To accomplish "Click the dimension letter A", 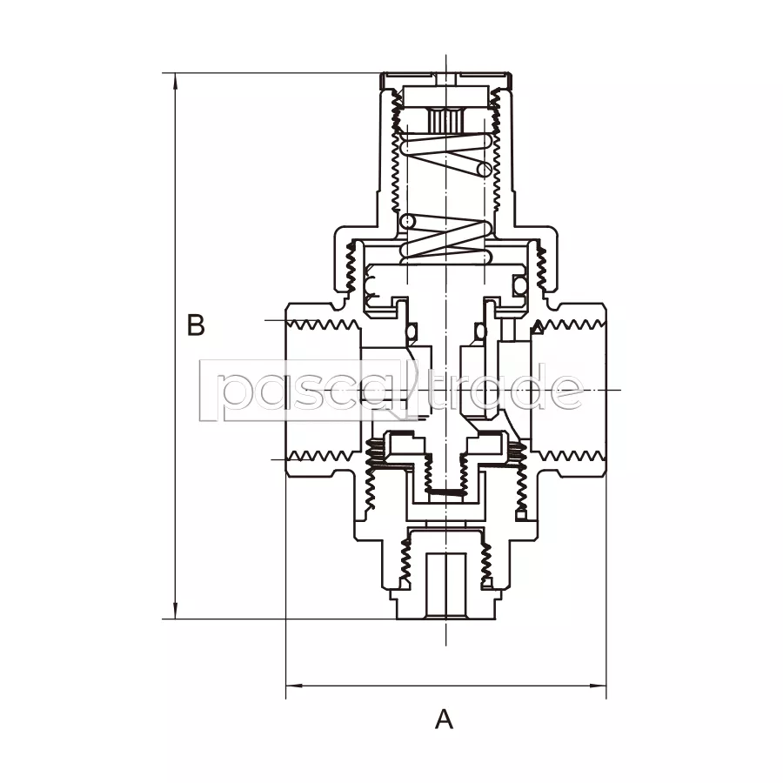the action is pyautogui.click(x=444, y=719).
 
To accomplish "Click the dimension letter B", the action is pyautogui.click(x=196, y=325).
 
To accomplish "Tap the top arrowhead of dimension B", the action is pyautogui.click(x=175, y=83).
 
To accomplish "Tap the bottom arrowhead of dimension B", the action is pyautogui.click(x=175, y=610).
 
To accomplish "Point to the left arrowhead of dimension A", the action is pyautogui.click(x=295, y=686).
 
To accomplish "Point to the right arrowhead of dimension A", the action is pyautogui.click(x=597, y=686).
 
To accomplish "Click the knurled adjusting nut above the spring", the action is pyautogui.click(x=444, y=119).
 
